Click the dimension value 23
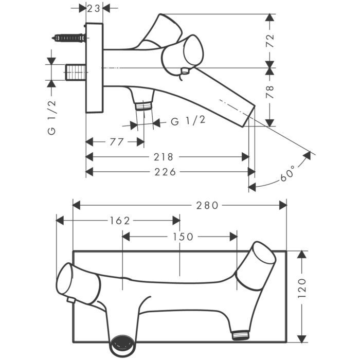[94, 9]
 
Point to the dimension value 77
[117, 142]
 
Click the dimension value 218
[163, 157]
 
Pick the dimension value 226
[165, 172]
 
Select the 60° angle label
[287, 173]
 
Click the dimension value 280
[207, 205]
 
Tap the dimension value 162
[120, 221]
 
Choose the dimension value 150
[183, 237]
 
